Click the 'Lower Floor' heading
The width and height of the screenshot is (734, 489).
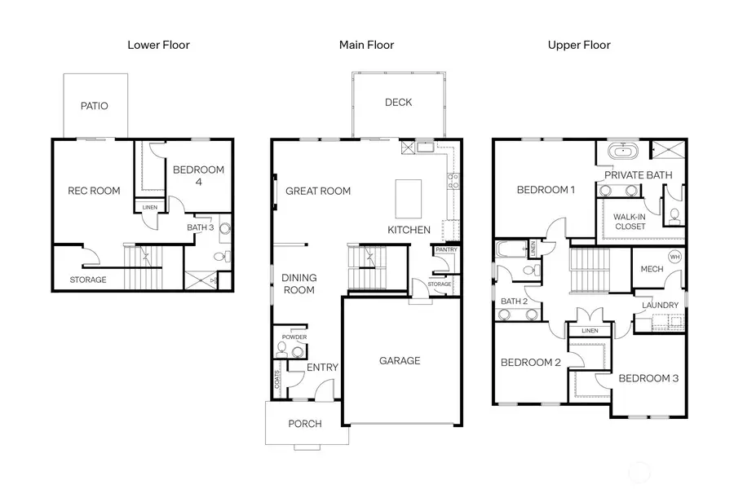coord(158,45)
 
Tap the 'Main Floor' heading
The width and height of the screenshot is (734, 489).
coord(366,45)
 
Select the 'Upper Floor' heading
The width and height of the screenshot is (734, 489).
coord(579,45)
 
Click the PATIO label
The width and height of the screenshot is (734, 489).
coord(94,106)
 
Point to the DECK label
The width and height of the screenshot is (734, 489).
coord(399,103)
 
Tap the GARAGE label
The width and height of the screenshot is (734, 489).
coord(400,360)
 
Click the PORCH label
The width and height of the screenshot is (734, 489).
coord(305,424)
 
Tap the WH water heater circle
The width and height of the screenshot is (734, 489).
coord(674,257)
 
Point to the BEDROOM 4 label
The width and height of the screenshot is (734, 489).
coord(198,175)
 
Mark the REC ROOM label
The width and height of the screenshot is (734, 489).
coord(93,192)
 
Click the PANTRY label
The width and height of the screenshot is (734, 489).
coord(446,249)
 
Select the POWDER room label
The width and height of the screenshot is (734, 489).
coord(294,337)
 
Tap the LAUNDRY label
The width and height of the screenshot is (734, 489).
coord(661,306)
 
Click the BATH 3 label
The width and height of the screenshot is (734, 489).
coord(200,228)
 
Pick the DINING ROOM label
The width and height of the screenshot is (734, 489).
coord(298,284)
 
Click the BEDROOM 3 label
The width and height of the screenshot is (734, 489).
coord(648,378)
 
